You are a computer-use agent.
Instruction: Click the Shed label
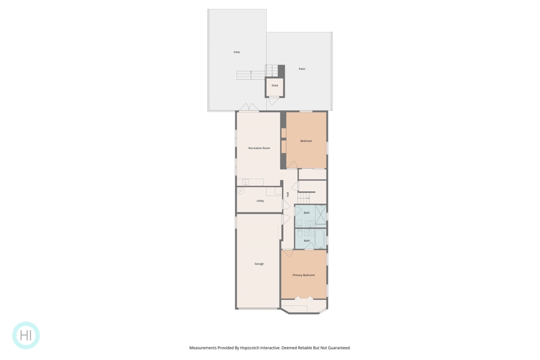pos(274,85)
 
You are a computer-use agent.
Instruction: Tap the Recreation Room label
pos(259,148)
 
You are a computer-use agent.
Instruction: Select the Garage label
pos(259,264)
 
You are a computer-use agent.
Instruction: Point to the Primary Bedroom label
pos(303,275)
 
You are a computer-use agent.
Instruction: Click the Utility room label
pos(260,201)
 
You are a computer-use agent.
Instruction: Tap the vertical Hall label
pos(287,194)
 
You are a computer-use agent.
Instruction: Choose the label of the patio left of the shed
pos(237,52)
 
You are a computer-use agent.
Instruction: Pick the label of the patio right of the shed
pos(302,69)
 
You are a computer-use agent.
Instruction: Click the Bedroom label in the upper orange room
pos(306,141)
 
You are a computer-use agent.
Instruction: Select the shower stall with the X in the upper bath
pos(321,216)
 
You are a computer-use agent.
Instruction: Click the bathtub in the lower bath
pos(320,239)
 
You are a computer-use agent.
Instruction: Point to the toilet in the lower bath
pos(300,233)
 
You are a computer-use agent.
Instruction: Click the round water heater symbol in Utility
pos(240,191)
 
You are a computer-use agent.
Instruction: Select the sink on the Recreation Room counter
pos(246,182)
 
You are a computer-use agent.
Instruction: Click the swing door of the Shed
pos(274,101)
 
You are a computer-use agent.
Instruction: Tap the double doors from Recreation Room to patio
pos(249,107)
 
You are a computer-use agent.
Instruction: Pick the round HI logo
pos(26,335)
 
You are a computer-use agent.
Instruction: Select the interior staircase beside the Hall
pos(304,198)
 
